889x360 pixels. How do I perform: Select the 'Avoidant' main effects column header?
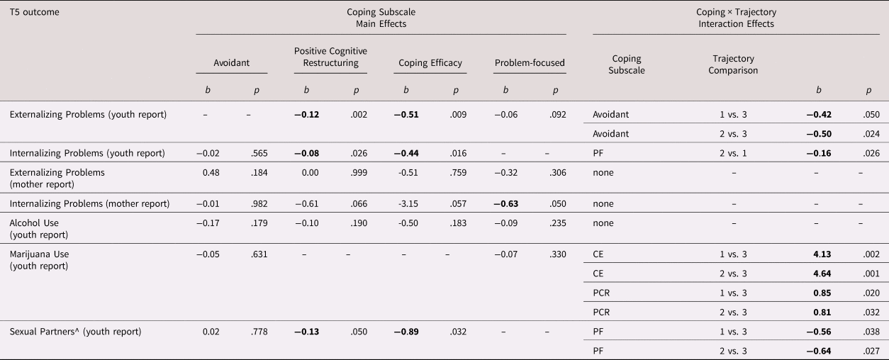click(x=231, y=63)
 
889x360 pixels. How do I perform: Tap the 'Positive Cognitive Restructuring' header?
click(x=330, y=57)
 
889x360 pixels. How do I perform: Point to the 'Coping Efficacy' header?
click(x=430, y=63)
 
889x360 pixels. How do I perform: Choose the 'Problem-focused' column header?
click(x=530, y=63)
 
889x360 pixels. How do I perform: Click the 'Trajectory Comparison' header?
click(x=734, y=64)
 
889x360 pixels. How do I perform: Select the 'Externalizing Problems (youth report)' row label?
click(x=89, y=115)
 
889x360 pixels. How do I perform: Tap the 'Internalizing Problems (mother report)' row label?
click(x=89, y=204)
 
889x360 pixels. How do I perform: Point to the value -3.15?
click(x=406, y=204)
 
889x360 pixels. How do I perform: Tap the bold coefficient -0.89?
click(x=406, y=332)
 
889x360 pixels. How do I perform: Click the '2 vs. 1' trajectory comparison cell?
click(x=734, y=153)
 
